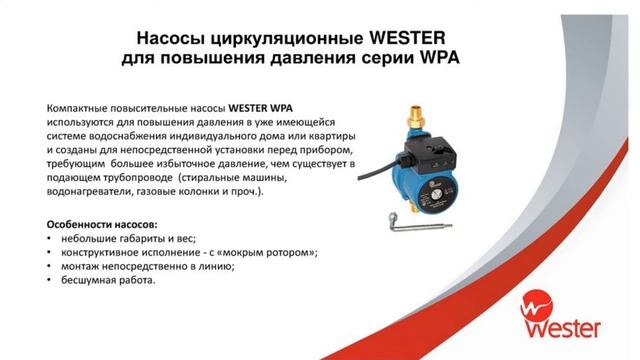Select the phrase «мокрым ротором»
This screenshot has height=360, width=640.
pyautogui.click(x=271, y=251)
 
